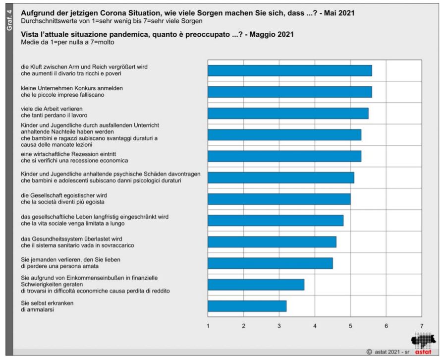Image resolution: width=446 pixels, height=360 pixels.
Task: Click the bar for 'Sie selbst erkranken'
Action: (x=247, y=306)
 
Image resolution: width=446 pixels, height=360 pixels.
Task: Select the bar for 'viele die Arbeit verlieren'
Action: (x=288, y=113)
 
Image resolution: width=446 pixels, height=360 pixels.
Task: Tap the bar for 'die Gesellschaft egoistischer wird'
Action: (x=279, y=199)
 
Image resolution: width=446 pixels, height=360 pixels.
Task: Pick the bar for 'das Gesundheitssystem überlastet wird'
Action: (x=272, y=241)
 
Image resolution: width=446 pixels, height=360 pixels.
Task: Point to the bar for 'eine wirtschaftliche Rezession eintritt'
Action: (x=284, y=156)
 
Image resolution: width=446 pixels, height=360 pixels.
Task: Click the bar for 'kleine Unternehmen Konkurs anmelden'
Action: (x=289, y=92)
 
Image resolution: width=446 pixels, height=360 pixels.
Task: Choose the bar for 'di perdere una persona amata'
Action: (x=270, y=263)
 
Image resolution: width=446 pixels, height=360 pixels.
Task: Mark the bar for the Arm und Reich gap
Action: (x=289, y=70)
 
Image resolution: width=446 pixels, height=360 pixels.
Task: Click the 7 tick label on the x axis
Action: (x=422, y=325)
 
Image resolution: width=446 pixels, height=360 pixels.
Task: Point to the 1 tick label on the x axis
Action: (x=208, y=325)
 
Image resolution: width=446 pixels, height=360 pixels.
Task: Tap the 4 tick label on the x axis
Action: (x=315, y=325)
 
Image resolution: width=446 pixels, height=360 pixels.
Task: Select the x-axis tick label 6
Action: (x=386, y=325)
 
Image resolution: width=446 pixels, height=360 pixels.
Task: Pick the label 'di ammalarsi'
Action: (x=35, y=309)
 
